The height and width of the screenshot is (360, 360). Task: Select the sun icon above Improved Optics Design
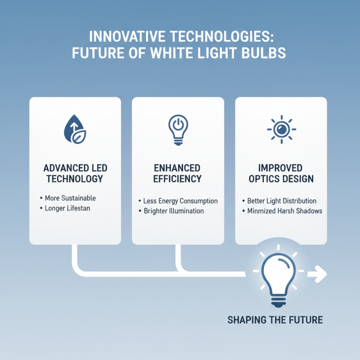click(281, 129)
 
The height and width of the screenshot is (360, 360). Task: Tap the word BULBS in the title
click(266, 52)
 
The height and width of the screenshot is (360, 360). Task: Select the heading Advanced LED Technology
click(76, 173)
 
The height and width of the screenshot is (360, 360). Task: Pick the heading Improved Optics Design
click(281, 173)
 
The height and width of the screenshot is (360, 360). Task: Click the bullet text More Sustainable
click(70, 198)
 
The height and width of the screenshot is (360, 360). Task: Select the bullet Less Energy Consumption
click(180, 201)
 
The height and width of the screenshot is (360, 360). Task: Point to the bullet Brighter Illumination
click(173, 211)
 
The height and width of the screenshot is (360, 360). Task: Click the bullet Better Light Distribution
click(282, 201)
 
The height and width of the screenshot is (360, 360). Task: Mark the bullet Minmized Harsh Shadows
click(284, 211)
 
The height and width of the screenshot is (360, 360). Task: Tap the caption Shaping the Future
click(275, 320)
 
